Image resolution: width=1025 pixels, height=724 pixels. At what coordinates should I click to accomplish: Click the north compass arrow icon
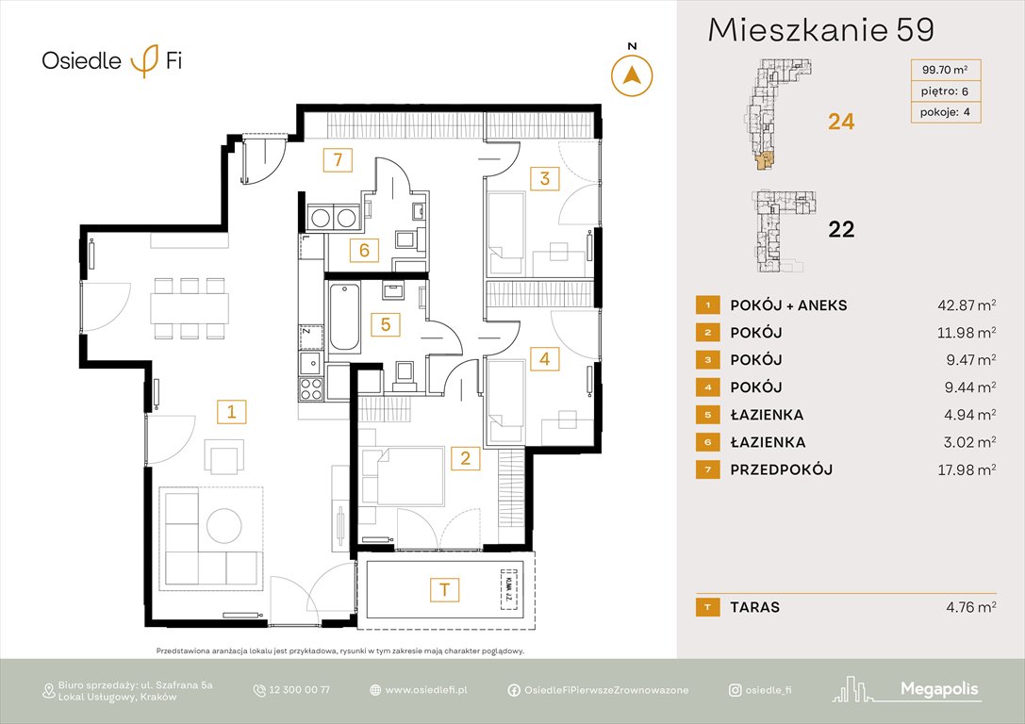pyautogui.click(x=633, y=75)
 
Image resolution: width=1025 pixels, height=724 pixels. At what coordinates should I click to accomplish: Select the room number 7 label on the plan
pyautogui.click(x=337, y=159)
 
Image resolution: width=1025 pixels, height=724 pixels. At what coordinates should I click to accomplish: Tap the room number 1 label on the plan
pyautogui.click(x=230, y=411)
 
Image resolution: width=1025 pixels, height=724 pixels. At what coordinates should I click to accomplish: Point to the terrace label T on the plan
pyautogui.click(x=442, y=590)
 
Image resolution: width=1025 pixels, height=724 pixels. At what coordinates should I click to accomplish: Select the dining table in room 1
pyautogui.click(x=189, y=306)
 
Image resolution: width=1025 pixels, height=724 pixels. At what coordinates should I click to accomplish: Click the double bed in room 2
pyautogui.click(x=409, y=477)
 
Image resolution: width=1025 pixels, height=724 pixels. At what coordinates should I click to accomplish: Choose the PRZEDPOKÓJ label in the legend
pyautogui.click(x=781, y=469)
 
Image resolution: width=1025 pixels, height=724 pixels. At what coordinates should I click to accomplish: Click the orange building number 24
pyautogui.click(x=840, y=121)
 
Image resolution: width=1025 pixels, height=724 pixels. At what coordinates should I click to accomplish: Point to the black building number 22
pyautogui.click(x=840, y=229)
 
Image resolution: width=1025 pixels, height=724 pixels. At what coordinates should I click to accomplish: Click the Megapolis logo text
pyautogui.click(x=938, y=690)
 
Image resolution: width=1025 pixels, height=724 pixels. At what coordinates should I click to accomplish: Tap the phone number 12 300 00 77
pyautogui.click(x=299, y=690)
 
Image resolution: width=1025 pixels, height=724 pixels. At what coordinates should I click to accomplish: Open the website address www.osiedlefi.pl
pyautogui.click(x=426, y=690)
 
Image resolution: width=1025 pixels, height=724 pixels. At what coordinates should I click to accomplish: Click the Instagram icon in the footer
pyautogui.click(x=735, y=690)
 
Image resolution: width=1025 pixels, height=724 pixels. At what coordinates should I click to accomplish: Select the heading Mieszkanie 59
pyautogui.click(x=820, y=30)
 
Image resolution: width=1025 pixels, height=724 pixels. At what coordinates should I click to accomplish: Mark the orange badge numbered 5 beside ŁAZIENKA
pyautogui.click(x=703, y=415)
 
